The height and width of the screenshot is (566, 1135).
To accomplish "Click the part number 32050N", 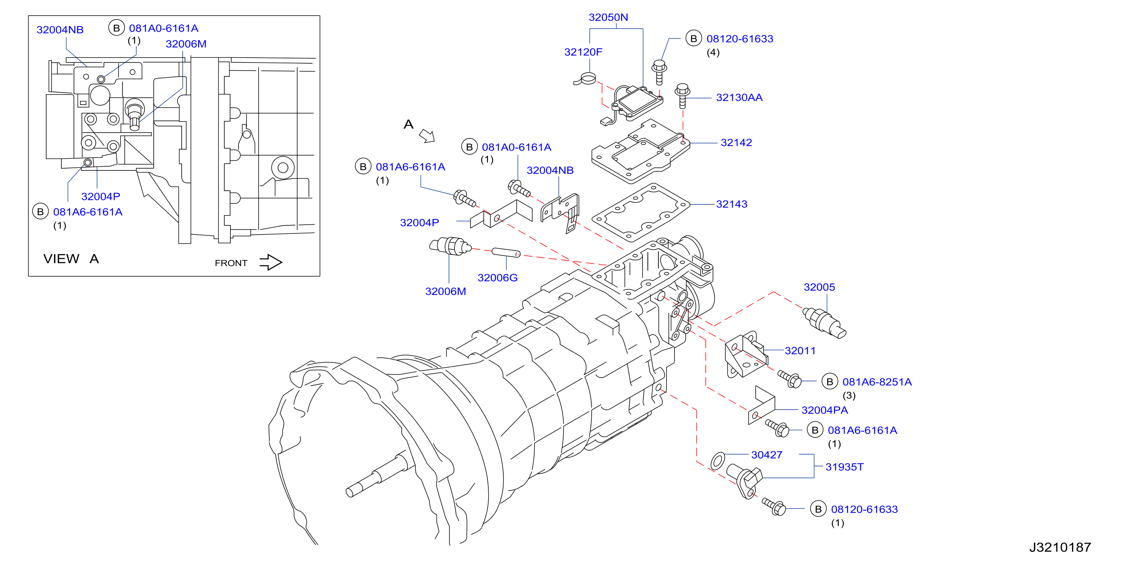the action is [x=608, y=17].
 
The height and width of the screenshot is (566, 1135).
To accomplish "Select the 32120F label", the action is [x=583, y=52].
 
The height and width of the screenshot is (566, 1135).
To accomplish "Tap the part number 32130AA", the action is [x=739, y=97].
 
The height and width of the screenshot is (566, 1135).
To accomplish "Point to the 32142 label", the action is [x=736, y=142].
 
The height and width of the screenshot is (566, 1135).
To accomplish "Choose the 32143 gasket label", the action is [x=731, y=204].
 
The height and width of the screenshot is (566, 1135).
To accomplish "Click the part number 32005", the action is [x=819, y=287].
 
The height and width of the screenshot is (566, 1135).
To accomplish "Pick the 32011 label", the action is [x=800, y=351].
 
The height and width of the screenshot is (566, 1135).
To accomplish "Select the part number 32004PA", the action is [x=824, y=410].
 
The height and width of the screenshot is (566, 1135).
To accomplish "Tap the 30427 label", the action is [x=767, y=455].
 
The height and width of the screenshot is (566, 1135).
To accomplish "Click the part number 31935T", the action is [x=844, y=466].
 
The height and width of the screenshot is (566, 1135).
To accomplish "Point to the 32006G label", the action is [x=497, y=278].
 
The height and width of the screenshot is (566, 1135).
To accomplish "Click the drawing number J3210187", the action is [x=1060, y=547].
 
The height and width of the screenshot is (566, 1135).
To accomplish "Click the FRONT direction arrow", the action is [x=270, y=262].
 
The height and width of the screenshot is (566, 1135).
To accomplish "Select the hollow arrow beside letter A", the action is [x=427, y=136].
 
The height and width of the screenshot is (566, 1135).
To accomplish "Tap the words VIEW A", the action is [x=71, y=259].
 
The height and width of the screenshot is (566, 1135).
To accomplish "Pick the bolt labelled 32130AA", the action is [x=682, y=95].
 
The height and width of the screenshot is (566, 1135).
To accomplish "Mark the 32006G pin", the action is [x=506, y=252].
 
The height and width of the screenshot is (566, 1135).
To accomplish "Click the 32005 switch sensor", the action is [x=824, y=323].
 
